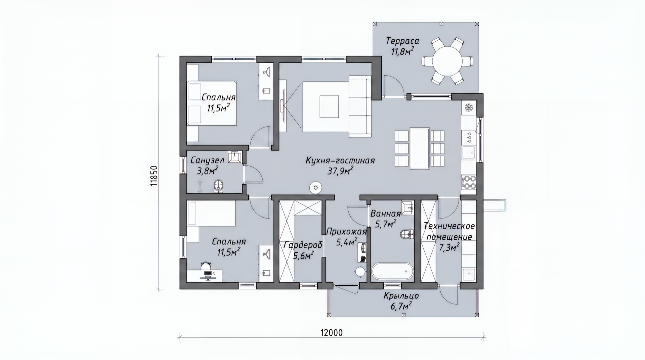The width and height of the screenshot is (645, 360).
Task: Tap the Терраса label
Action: click(402, 41)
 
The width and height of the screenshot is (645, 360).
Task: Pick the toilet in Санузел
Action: click(218, 186)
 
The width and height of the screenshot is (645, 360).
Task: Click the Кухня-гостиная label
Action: click(340, 161)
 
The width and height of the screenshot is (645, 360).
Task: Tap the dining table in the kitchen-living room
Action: click(420, 148)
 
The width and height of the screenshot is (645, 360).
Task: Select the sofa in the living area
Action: click(360, 106)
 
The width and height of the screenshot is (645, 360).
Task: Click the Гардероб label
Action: click(303, 245)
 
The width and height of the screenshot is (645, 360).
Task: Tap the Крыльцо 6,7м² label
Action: click(401, 301)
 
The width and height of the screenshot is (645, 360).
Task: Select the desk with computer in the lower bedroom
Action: click(204, 276)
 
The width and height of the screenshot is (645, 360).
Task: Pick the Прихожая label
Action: click(346, 232)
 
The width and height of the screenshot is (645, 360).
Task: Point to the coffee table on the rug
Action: click(329, 106)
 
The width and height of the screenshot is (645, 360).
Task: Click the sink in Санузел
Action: click(234, 157)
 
